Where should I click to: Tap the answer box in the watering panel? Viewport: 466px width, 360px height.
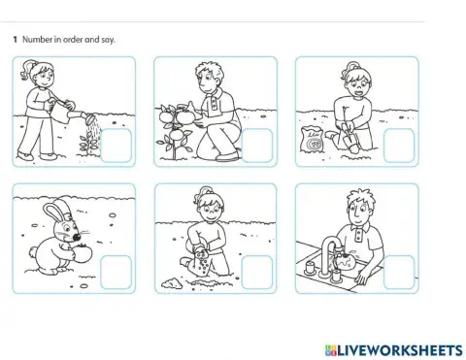116,146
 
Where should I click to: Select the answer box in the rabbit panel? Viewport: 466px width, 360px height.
116,272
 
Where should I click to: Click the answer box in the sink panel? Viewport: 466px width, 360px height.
399,272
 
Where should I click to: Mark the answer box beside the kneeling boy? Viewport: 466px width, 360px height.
257,146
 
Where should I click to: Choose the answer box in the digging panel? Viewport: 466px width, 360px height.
399,146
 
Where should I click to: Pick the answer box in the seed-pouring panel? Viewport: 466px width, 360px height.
257,272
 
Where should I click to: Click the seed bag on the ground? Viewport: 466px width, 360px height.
313,139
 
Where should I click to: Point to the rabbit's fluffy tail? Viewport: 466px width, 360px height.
33,251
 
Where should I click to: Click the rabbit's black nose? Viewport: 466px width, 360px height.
77,238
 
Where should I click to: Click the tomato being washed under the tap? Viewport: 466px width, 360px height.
346,260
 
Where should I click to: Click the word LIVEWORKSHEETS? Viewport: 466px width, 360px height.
400,350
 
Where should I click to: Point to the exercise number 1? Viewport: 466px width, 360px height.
15,40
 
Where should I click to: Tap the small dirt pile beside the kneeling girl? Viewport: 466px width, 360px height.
172,283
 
